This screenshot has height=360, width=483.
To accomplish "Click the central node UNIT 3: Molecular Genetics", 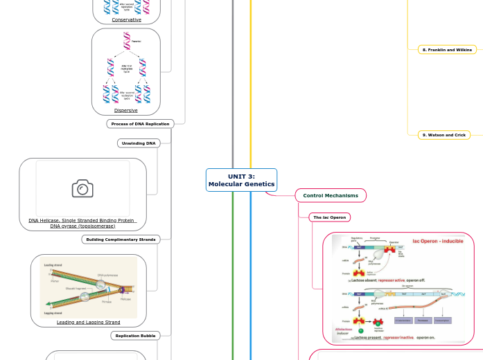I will coord(241,180).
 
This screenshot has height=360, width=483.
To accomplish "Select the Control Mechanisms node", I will coord(330,196).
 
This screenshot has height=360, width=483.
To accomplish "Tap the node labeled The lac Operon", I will coord(329,217).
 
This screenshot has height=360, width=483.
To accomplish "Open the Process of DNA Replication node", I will coord(140,124).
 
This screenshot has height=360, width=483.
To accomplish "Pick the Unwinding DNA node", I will coord(139,143).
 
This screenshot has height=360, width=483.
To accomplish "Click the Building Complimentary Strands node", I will coord(121,240).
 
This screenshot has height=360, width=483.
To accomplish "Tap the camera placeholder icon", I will coord(82,188).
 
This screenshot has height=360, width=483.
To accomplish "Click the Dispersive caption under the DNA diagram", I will coord(125,110).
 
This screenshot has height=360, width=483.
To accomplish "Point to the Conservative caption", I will coord(126,20).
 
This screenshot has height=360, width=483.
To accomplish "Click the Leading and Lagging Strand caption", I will coord(88,322).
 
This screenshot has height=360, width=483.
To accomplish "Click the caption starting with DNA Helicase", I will coord(82,223).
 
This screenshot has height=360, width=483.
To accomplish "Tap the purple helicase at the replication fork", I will coord(121,291).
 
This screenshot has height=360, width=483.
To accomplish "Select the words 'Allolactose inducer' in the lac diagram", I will coord(344,332).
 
